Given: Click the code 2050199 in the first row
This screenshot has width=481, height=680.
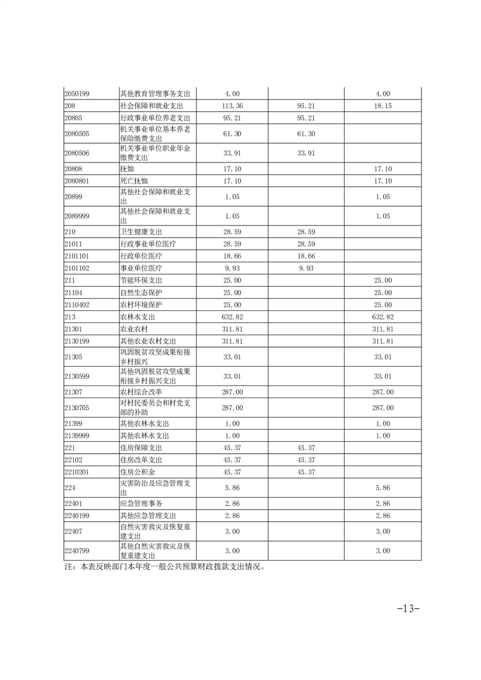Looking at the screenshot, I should coord(77,94).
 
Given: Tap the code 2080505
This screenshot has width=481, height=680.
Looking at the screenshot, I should coord(77,133).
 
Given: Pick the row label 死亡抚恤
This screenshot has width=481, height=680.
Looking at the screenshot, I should coord(134,181).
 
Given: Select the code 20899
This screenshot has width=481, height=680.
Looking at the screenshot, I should coord(73,197).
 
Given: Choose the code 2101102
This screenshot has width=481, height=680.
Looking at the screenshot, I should coord(77,268).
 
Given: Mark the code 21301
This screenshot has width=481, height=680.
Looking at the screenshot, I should coord(73,328).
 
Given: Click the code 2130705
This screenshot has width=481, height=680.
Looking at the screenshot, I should coord(77,408).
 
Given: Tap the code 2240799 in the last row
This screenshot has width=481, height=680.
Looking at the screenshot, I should coord(77,550).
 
